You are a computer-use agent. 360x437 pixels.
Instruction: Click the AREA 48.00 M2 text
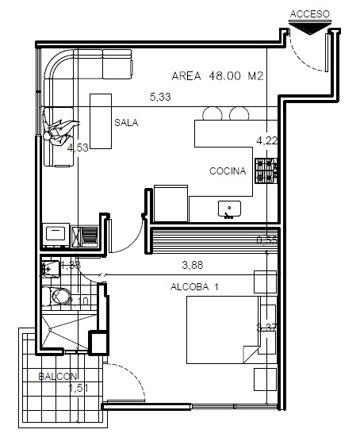click(x=217, y=77)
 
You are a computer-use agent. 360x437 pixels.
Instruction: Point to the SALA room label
click(x=126, y=123)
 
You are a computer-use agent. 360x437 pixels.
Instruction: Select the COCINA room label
click(x=228, y=171)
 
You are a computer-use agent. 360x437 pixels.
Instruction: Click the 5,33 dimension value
click(x=161, y=98)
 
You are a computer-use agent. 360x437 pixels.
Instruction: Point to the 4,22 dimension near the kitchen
click(x=266, y=140)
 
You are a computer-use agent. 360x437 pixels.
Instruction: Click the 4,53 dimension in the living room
click(x=78, y=148)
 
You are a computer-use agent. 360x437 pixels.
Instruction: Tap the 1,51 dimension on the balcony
click(x=77, y=389)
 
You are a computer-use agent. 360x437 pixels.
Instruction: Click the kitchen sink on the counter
click(x=231, y=209)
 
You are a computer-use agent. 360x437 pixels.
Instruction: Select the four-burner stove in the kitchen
click(x=266, y=171)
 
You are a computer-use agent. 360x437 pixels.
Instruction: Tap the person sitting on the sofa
click(x=59, y=129)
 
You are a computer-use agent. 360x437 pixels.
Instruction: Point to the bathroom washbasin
click(x=49, y=269)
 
